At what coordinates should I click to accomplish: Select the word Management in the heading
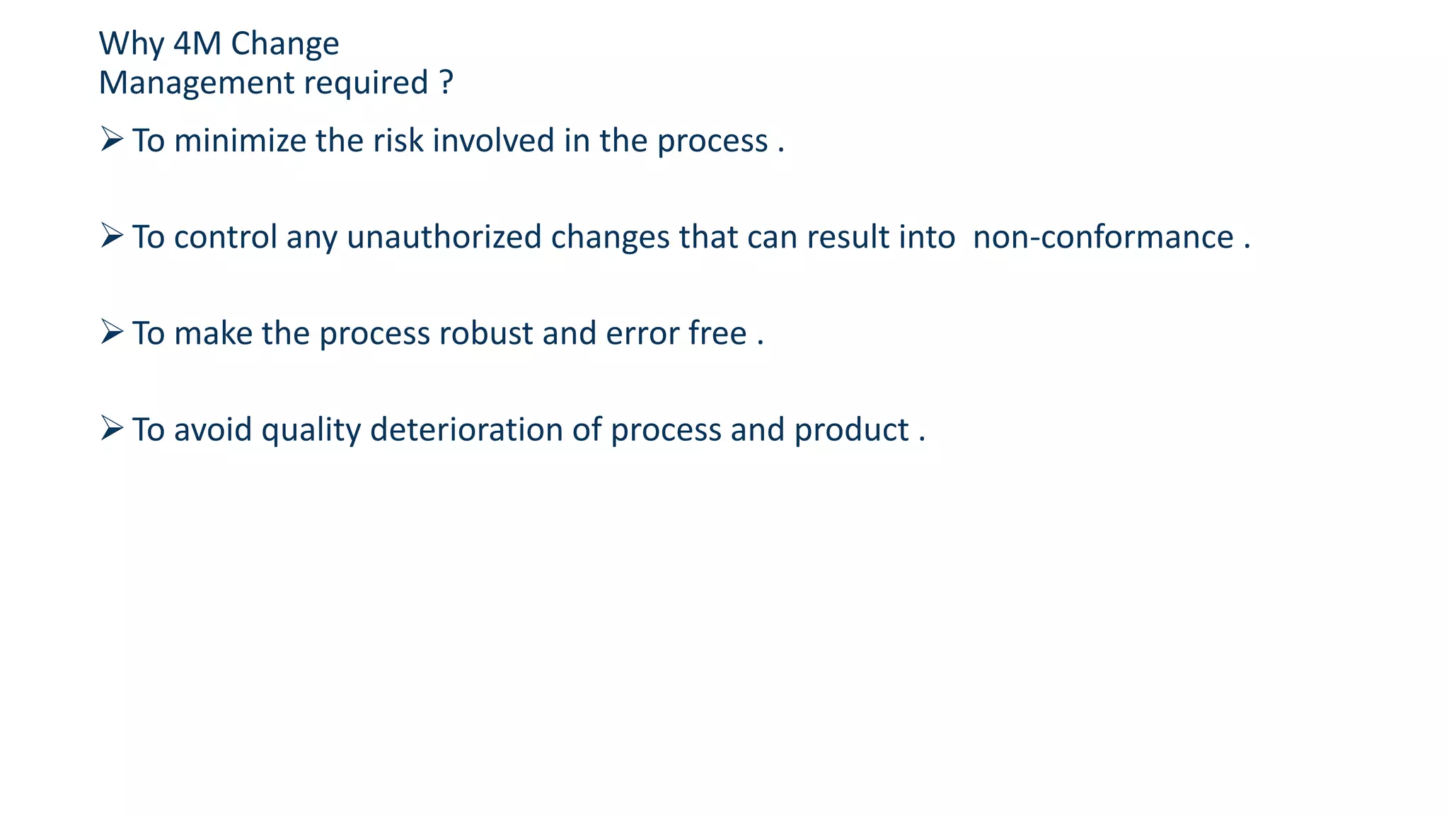point(196,83)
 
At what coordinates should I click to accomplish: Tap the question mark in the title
point(446,83)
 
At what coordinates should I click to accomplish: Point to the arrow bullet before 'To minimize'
point(112,139)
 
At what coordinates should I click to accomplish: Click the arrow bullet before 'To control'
point(112,235)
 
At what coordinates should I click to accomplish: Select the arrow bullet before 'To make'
point(112,331)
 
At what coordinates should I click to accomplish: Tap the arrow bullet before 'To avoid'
point(112,427)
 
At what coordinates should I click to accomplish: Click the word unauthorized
point(444,236)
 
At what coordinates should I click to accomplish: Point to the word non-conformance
point(1103,236)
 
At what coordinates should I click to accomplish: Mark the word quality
point(311,430)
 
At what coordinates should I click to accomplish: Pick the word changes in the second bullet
point(610,238)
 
